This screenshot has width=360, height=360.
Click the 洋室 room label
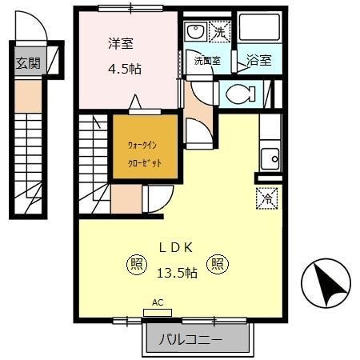124,44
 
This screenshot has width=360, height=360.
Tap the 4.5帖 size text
125,69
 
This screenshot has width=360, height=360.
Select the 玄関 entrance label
27,64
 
